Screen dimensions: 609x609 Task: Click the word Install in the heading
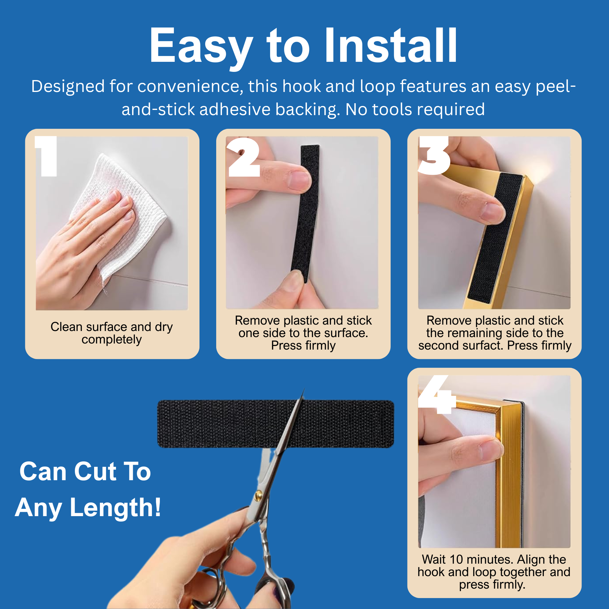[391, 46]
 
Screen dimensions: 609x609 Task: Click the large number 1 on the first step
[46, 156]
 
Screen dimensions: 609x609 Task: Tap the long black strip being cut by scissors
[276, 424]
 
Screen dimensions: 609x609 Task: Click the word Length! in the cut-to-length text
[115, 508]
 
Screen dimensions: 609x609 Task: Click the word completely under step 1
[111, 340]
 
